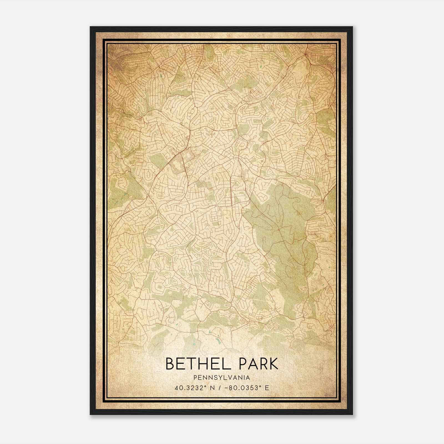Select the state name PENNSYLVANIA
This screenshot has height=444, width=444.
[x=222, y=378]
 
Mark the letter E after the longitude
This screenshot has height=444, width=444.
[x=267, y=388]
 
